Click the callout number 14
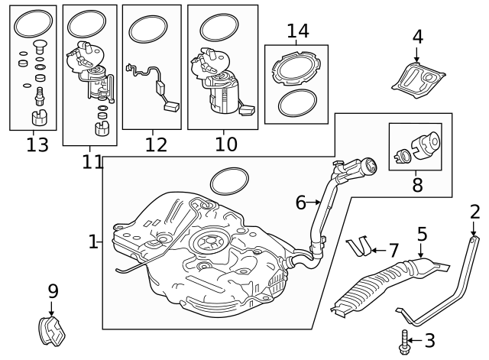click(x=297, y=31)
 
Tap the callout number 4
click(x=417, y=36)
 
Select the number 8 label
click(x=417, y=184)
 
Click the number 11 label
click(x=92, y=161)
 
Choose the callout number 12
click(x=155, y=144)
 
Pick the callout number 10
click(x=225, y=144)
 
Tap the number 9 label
click(x=53, y=290)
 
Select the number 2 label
click(x=475, y=212)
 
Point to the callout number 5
click(x=422, y=234)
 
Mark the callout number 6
click(x=300, y=203)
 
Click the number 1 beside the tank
click(x=93, y=242)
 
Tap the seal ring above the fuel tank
click(x=229, y=181)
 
